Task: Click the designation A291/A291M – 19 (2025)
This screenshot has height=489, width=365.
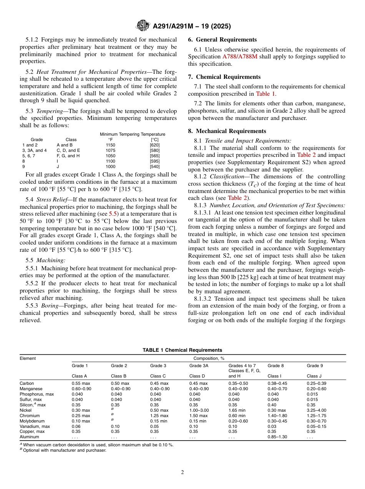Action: tap(192, 26)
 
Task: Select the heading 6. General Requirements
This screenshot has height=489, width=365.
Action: tap(222, 40)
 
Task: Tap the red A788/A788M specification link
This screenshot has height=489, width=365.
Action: tap(240, 57)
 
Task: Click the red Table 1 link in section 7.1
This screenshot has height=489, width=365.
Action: tap(266, 94)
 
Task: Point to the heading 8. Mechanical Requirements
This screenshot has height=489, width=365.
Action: tap(227, 131)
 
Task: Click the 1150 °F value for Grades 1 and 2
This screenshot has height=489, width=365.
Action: tap(110, 145)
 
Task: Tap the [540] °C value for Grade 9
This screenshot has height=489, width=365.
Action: tap(155, 166)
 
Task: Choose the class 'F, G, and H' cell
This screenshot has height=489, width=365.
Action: tap(68, 156)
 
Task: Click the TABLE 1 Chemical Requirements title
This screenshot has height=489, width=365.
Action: tap(182, 350)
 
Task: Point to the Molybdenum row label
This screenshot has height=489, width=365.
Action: tap(32, 421)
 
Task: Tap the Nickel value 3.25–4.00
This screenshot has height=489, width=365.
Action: tap(317, 410)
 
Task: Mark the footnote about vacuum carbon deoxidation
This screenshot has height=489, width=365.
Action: tap(98, 445)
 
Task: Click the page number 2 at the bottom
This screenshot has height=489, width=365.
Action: tap(182, 472)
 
